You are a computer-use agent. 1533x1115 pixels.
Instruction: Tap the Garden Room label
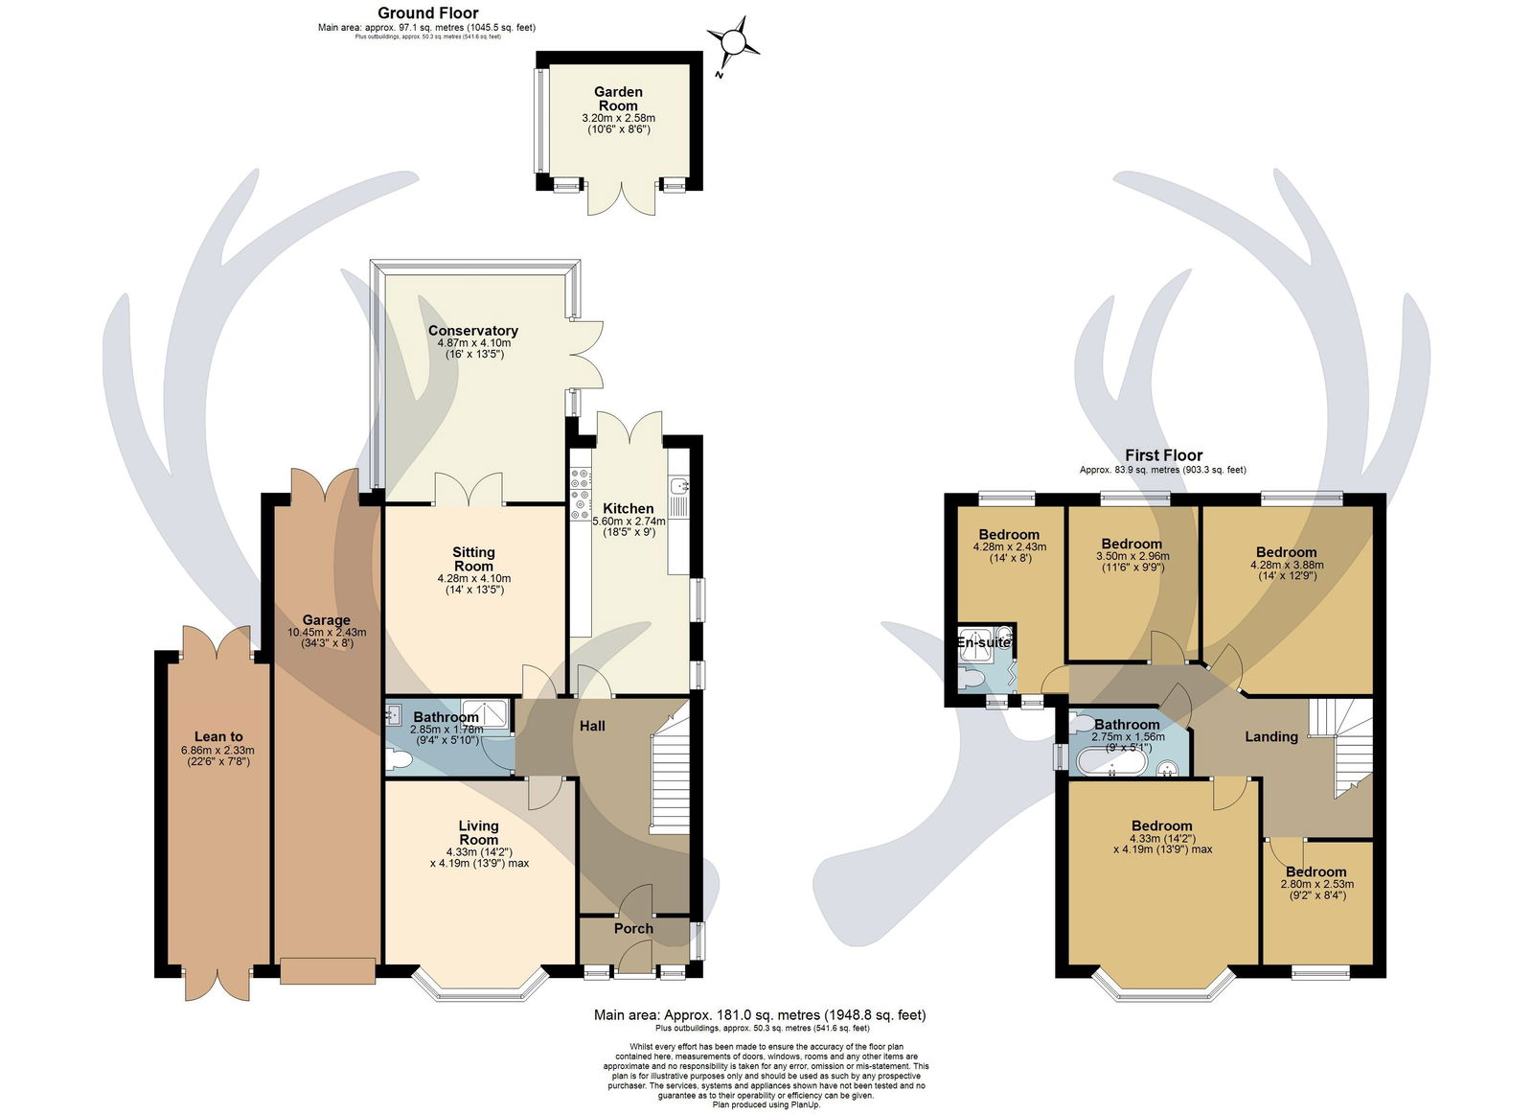618,99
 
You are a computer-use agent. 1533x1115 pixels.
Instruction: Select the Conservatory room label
473,330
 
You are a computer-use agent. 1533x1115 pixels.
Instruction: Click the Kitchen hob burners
581,493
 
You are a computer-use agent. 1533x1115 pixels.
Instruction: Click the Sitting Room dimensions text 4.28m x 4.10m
473,578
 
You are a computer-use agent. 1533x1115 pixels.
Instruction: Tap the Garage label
327,620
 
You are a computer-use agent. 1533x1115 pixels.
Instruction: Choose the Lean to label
218,736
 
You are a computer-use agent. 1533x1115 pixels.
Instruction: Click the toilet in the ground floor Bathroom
399,759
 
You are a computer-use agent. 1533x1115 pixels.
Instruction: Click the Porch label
633,929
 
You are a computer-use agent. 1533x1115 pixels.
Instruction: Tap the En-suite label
984,642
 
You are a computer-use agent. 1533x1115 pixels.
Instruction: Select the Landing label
1270,736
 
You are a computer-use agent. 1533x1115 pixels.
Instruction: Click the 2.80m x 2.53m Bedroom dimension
1316,884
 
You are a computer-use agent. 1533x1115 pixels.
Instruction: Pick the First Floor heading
1163,454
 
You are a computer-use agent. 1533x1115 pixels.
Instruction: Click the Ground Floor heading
427,12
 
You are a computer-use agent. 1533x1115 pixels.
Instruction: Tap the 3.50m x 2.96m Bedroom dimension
1133,556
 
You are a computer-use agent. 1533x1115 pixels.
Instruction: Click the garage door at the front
327,970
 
